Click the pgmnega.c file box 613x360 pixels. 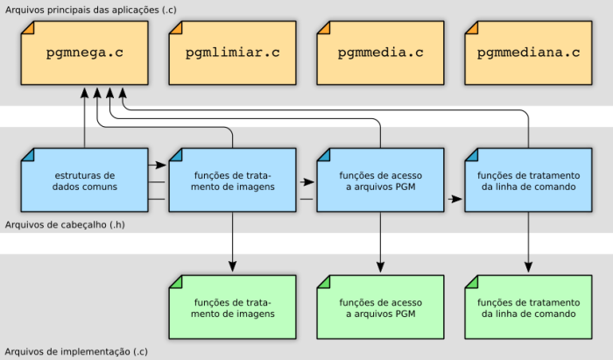pyautogui.click(x=84, y=53)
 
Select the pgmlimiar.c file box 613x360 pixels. pyautogui.click(x=233, y=53)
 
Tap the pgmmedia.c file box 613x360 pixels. pyautogui.click(x=380, y=53)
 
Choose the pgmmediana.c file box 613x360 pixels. pyautogui.click(x=529, y=53)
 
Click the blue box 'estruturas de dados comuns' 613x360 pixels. pyautogui.click(x=84, y=180)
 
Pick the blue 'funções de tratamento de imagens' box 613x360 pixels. pyautogui.click(x=233, y=180)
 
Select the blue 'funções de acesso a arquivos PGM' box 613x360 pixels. pyautogui.click(x=380, y=180)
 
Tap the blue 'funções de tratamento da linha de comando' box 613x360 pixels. pyautogui.click(x=529, y=180)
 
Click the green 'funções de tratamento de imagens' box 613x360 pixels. pyautogui.click(x=233, y=307)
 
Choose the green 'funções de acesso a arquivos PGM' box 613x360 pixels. pyautogui.click(x=380, y=307)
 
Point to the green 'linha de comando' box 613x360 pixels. pyautogui.click(x=529, y=307)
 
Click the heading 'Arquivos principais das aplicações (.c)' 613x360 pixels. pyautogui.click(x=91, y=10)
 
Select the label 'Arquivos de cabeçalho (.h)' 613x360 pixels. pyautogui.click(x=65, y=225)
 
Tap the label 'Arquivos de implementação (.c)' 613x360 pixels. pyautogui.click(x=76, y=351)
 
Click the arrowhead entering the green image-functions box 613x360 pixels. pyautogui.click(x=233, y=267)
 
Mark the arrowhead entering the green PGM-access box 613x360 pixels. pyautogui.click(x=380, y=267)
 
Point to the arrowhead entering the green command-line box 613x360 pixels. pyautogui.click(x=529, y=267)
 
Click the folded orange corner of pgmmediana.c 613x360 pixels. pyautogui.click(x=470, y=27)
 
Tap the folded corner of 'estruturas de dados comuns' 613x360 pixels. pyautogui.click(x=26, y=154)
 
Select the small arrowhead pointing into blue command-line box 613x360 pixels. pyautogui.click(x=456, y=200)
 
